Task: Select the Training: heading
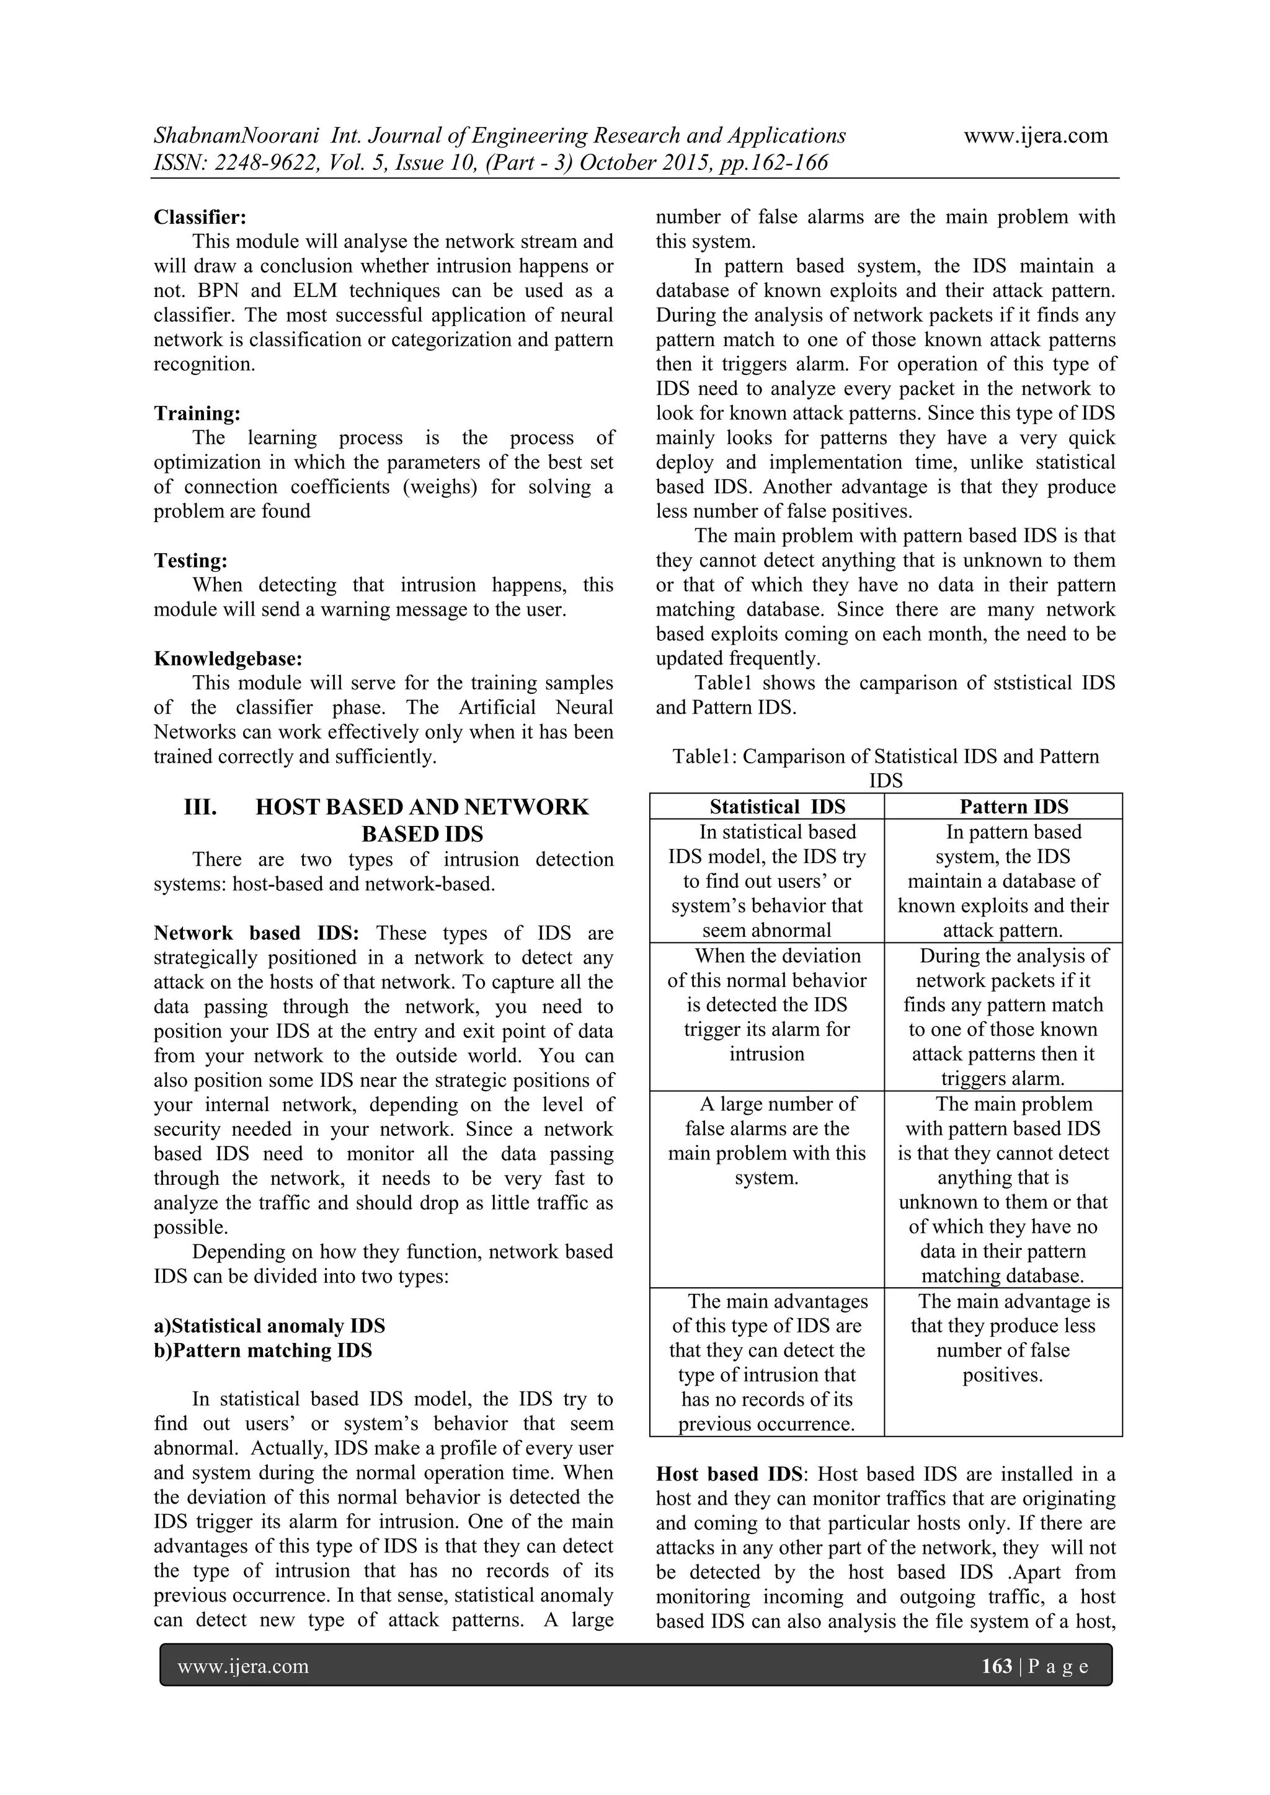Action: coord(197,413)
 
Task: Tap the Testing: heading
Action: coord(191,561)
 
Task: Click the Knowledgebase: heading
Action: coord(228,658)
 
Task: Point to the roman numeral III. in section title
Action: coord(200,807)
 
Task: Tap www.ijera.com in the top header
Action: coord(1036,136)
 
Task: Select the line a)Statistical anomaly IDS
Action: coord(269,1326)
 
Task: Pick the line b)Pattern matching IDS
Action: coord(263,1350)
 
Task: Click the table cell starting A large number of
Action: coord(766,1141)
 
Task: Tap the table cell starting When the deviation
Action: coord(766,1004)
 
